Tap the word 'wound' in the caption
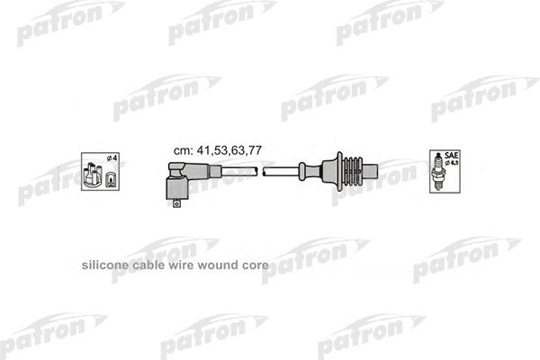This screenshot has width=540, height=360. click(x=212, y=267)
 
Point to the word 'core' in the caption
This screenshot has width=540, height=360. click(x=251, y=267)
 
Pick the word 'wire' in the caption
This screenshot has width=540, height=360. click(x=180, y=267)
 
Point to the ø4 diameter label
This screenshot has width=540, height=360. click(x=112, y=160)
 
